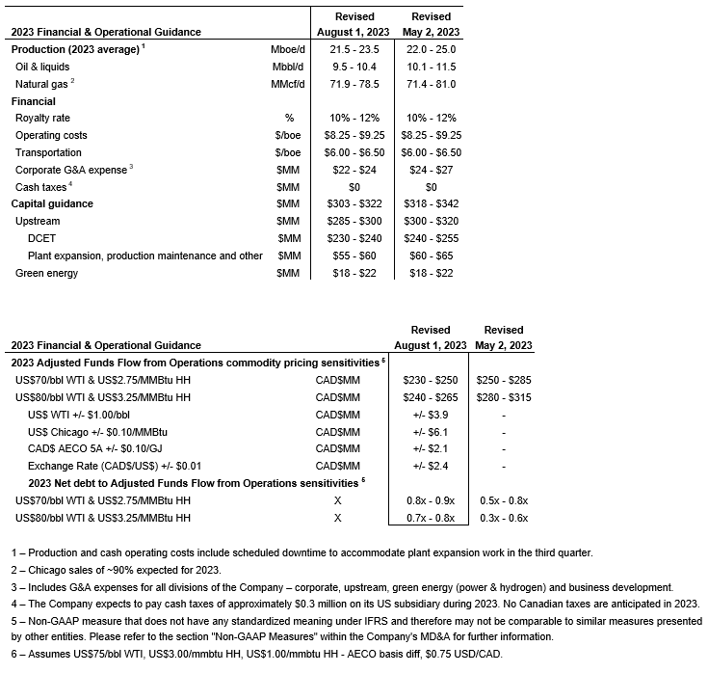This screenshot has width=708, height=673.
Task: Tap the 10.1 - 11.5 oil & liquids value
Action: tap(431, 67)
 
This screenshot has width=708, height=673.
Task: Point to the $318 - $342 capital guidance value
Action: tap(431, 204)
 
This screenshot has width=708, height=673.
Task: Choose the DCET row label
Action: tap(42, 238)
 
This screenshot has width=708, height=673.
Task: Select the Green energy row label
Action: tap(47, 273)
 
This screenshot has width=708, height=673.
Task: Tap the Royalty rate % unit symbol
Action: tap(275, 118)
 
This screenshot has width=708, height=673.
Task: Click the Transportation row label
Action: tap(48, 152)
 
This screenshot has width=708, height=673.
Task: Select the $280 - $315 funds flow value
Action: tap(504, 397)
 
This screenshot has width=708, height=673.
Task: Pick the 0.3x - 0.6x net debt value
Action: tap(504, 518)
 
